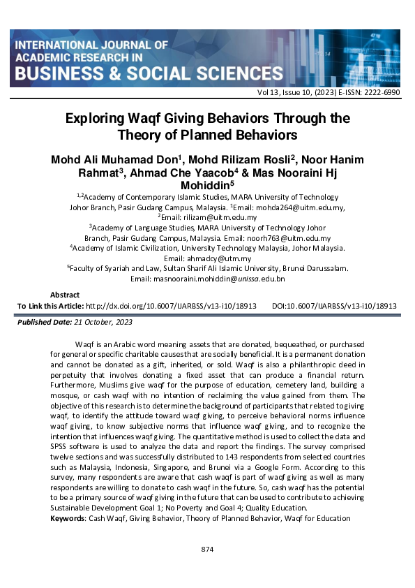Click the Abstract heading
pos(65,295)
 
